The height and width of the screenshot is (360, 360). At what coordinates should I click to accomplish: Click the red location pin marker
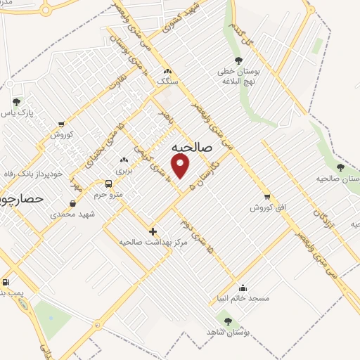181,166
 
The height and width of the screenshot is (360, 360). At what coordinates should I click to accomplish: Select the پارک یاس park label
18,112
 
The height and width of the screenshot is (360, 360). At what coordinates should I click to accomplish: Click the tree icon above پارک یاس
16,102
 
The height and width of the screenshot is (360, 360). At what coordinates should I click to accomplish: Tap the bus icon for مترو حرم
108,184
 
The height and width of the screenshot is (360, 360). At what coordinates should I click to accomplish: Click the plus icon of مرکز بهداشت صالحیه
153,231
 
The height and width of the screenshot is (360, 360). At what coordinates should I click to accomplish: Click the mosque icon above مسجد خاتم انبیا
243,288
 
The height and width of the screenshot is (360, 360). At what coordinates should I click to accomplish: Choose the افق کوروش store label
266,208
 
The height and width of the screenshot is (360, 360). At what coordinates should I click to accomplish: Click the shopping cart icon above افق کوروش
266,198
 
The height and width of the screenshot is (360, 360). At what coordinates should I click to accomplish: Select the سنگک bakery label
167,82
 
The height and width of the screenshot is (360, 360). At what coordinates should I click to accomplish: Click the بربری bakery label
124,171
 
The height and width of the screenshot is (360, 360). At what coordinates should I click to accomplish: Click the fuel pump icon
5,281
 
